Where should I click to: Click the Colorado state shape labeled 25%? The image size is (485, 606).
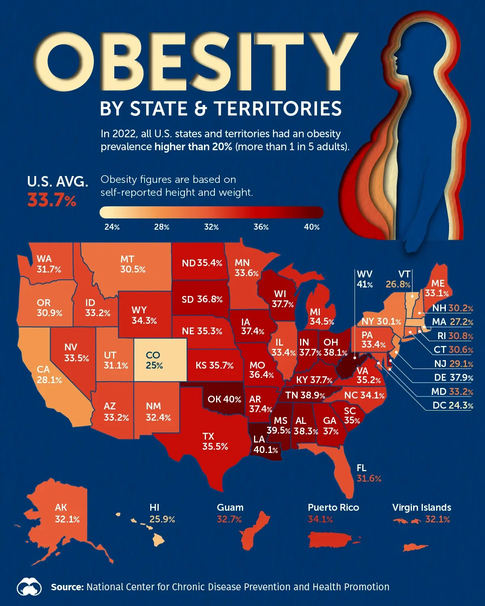pos(160,360)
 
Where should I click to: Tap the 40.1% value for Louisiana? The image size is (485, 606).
pos(266,450)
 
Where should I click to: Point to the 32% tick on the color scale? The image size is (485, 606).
pos(211,227)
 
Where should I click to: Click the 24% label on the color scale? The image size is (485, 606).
pos(112,227)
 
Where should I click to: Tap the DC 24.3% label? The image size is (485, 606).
pos(453,405)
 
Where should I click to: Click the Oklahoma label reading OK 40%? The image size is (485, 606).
pos(224,399)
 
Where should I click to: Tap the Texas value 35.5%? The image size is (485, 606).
pos(215,447)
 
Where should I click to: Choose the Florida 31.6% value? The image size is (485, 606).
pos(369,478)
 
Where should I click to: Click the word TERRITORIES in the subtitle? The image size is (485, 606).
pos(277,109)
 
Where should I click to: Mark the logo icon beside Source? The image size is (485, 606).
pos(29,587)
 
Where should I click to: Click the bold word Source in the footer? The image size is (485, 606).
pos(67,587)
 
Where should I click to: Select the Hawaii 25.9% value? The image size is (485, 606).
pos(162,519)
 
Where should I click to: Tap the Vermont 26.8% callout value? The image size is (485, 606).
pos(398,284)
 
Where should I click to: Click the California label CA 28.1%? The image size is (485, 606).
pos(49,374)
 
